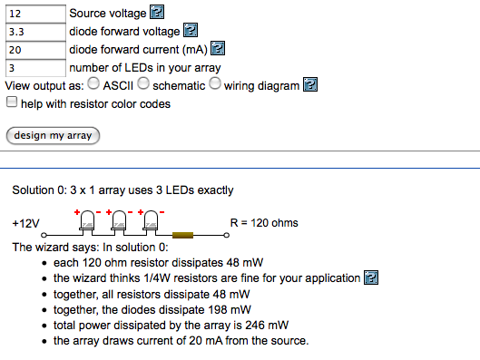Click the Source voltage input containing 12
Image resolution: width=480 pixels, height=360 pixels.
tap(34, 14)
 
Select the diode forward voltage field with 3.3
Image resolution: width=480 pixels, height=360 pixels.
tap(34, 32)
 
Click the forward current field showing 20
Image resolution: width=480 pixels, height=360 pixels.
tap(34, 49)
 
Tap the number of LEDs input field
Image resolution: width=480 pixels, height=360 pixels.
tap(34, 67)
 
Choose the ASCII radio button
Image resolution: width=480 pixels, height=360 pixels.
tap(93, 85)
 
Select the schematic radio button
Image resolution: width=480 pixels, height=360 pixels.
tap(143, 85)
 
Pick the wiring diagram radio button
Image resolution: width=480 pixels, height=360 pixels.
tap(215, 85)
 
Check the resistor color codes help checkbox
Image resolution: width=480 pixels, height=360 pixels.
tap(11, 103)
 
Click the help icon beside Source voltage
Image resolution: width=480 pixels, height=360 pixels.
tap(157, 14)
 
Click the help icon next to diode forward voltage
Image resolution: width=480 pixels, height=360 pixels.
tap(191, 32)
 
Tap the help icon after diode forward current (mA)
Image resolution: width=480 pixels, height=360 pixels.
tap(218, 49)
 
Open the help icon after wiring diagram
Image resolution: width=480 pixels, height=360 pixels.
tap(310, 85)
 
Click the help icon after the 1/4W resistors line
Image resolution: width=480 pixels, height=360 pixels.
tap(370, 278)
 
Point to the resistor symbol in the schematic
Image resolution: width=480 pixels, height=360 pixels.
tap(184, 235)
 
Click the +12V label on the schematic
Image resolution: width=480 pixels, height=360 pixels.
tap(25, 223)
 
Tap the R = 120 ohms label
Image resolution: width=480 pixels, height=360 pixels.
tap(264, 223)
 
